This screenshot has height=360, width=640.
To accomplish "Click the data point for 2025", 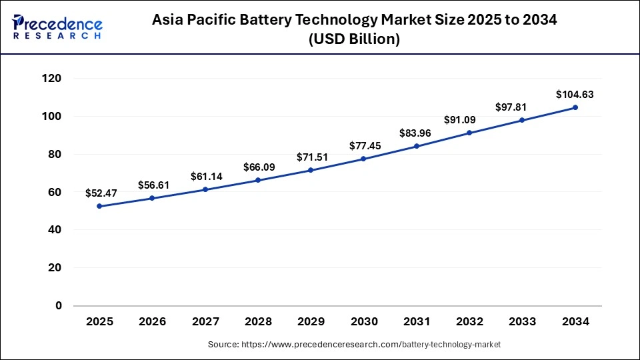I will [99, 206].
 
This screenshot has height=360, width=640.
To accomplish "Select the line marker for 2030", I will [364, 159].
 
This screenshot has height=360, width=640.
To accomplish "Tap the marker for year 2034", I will [575, 107].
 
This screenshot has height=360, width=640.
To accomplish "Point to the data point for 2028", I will [258, 180].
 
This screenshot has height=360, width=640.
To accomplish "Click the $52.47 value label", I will [99, 193].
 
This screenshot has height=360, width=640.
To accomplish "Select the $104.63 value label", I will [575, 95].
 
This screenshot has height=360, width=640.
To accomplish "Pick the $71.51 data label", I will [311, 157].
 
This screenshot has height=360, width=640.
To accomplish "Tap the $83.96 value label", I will [417, 133].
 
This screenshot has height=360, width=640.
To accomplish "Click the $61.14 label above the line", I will [205, 177].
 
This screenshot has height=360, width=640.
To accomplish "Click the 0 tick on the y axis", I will [59, 306].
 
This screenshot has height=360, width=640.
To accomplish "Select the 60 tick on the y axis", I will [55, 193].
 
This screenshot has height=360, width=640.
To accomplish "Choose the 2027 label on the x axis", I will [205, 321].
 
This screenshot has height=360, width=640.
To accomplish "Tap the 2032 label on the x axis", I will [469, 321].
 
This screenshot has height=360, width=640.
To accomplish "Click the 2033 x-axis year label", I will [523, 321].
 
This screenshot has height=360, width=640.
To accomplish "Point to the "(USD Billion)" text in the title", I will [354, 39].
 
